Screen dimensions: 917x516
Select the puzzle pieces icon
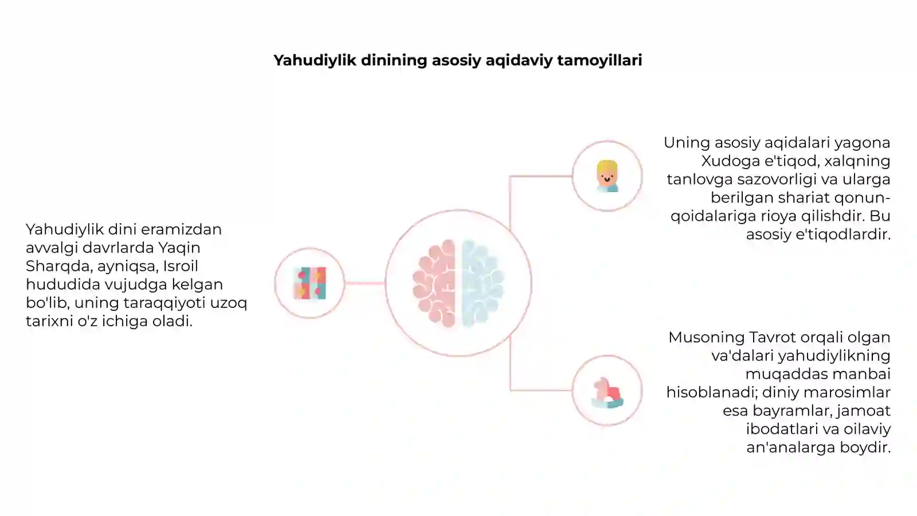310,283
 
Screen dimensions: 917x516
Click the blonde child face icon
607,176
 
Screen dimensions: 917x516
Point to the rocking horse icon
608,393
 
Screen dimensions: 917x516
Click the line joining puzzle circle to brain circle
365,283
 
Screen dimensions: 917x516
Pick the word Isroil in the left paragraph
181,266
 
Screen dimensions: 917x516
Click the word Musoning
707,338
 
